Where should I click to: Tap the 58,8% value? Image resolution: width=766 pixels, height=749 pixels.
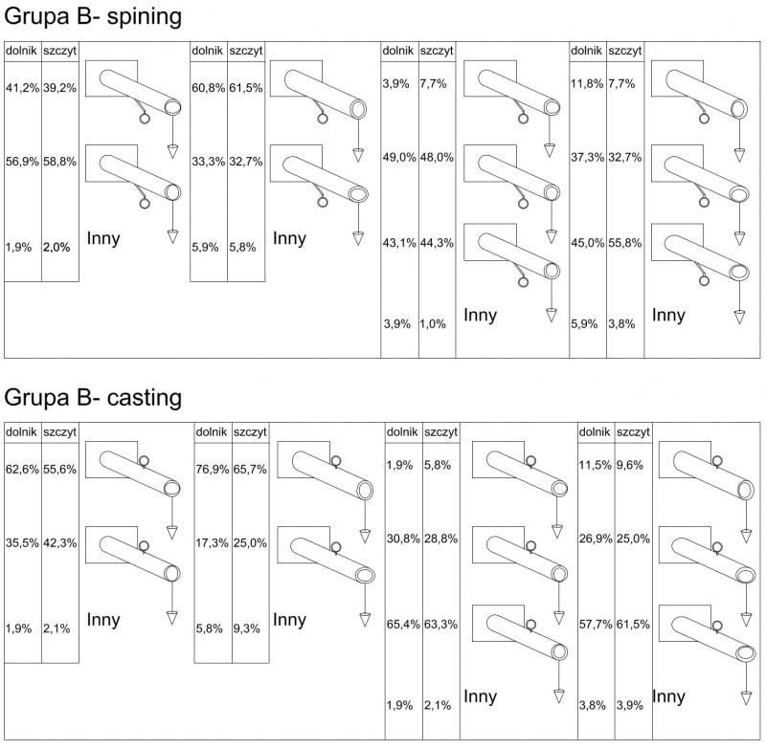[59, 163]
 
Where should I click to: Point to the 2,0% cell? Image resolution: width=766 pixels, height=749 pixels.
[57, 246]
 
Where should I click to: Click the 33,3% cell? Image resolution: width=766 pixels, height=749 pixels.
[208, 163]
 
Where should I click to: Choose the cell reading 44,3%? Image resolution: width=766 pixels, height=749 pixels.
[436, 243]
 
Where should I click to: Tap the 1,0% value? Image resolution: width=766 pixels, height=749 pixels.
[433, 324]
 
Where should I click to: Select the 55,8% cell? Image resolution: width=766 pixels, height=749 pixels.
[624, 243]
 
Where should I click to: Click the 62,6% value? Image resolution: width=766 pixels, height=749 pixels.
[22, 472]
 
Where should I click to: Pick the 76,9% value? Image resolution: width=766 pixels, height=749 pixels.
[212, 472]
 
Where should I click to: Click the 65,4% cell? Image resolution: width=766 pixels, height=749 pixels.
[402, 624]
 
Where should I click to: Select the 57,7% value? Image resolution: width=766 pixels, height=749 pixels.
[596, 624]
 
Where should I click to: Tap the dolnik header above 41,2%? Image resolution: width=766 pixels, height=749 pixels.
[21, 50]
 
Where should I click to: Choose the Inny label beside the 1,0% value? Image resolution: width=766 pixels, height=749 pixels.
[480, 315]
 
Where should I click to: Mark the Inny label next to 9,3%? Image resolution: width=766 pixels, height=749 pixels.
[290, 620]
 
